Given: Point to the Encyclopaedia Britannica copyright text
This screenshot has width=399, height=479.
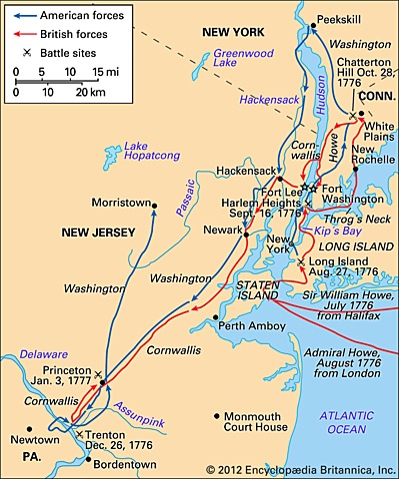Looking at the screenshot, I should point(301,469).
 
